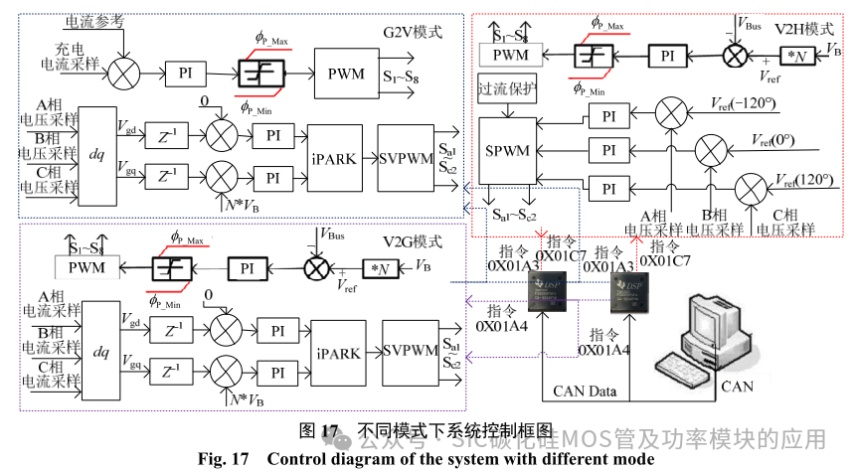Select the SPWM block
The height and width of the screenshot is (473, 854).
(509, 152)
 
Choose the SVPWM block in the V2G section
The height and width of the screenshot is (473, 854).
(409, 351)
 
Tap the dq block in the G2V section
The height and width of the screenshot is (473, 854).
(95, 156)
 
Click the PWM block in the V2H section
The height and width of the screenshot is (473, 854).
(510, 55)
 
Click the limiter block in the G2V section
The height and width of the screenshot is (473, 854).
(260, 73)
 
